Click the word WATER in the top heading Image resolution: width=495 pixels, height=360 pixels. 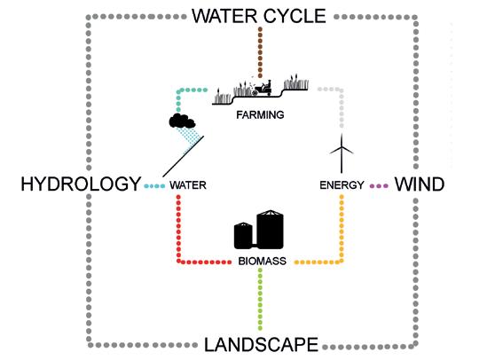pyautogui.click(x=224, y=16)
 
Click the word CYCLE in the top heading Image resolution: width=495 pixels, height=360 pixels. pyautogui.click(x=295, y=16)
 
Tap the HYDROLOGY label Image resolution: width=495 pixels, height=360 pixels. pyautogui.click(x=81, y=184)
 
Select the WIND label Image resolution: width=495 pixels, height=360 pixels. pyautogui.click(x=420, y=184)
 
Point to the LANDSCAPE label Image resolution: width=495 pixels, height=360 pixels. pyautogui.click(x=261, y=345)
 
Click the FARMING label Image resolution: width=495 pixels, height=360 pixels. pyautogui.click(x=260, y=115)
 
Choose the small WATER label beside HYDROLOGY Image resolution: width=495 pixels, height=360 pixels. pyautogui.click(x=188, y=185)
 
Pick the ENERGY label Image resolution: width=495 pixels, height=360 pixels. pyautogui.click(x=342, y=185)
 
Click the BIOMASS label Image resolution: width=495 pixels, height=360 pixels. pyautogui.click(x=263, y=262)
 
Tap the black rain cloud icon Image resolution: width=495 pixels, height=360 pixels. pyautogui.click(x=182, y=121)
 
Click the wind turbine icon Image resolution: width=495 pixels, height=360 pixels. pyautogui.click(x=342, y=153)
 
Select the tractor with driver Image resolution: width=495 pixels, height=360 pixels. pyautogui.click(x=262, y=89)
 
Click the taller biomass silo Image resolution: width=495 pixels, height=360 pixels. pyautogui.click(x=271, y=230)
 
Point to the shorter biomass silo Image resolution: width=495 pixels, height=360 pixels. pyautogui.click(x=243, y=235)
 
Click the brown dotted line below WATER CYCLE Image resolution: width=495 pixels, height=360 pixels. pyautogui.click(x=260, y=52)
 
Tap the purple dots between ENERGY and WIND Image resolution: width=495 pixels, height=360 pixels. pyautogui.click(x=379, y=186)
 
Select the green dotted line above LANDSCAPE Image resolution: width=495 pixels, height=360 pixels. pyautogui.click(x=260, y=299)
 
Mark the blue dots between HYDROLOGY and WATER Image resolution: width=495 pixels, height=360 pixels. pyautogui.click(x=154, y=186)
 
